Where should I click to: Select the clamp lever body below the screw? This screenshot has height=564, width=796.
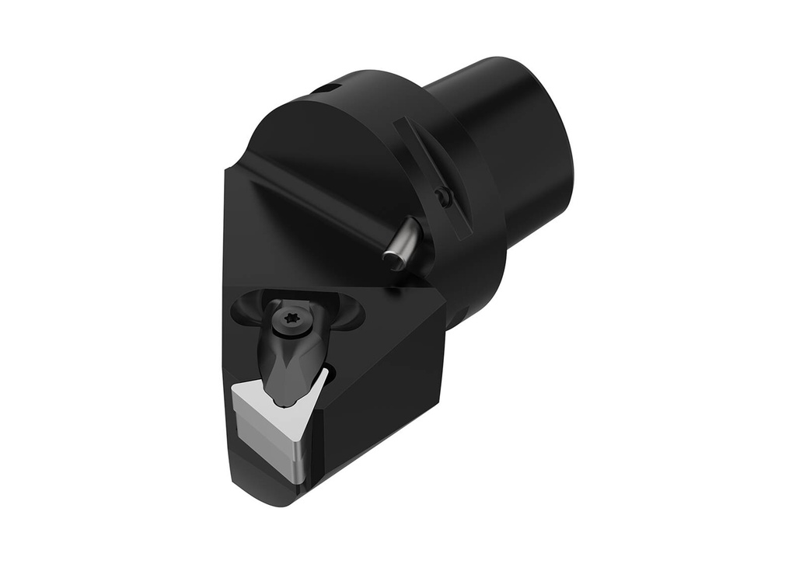(x=292, y=365)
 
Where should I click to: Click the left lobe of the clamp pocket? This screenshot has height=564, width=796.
(x=247, y=308)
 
